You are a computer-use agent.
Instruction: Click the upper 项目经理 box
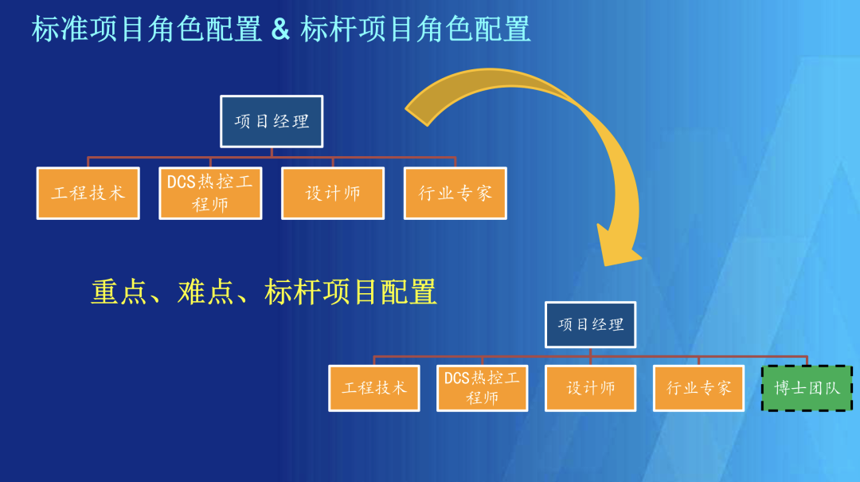coord(272,121)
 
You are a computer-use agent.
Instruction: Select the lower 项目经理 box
coord(590,324)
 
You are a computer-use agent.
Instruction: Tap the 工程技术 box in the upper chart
coord(88,193)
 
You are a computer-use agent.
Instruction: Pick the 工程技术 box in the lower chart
coord(374,388)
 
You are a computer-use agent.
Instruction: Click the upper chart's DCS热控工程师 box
coord(210,193)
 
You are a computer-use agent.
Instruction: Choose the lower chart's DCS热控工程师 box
coord(482,388)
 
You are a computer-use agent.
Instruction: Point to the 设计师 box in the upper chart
coord(333,193)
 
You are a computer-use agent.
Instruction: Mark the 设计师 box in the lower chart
coord(590,388)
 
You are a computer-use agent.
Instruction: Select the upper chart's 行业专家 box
coord(455,193)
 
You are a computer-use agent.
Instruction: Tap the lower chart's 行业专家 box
coord(698,388)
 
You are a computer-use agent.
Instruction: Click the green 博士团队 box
coord(807,388)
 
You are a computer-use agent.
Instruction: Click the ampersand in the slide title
coord(280,29)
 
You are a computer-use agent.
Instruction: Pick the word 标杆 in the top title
coord(329,29)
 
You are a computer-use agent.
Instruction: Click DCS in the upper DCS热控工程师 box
coord(182,182)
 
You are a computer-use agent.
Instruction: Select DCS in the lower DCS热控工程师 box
coord(457,378)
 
